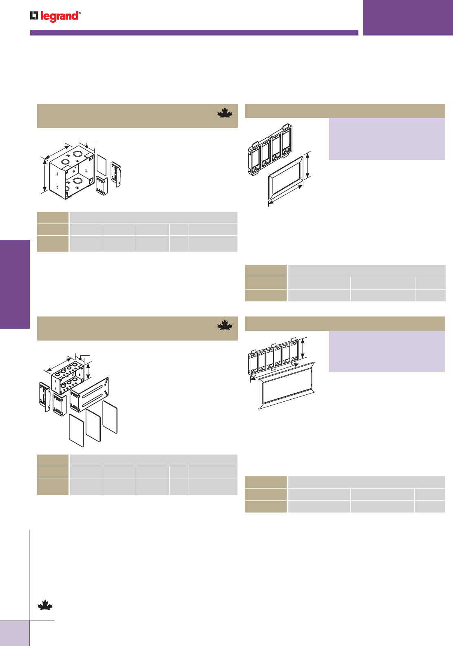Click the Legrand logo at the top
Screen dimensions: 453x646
click(x=55, y=16)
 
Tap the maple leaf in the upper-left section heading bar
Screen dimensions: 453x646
click(x=224, y=113)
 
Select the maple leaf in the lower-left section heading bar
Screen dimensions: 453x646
click(x=224, y=325)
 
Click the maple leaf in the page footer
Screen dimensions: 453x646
click(x=45, y=605)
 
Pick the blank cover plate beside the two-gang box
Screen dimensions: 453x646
click(x=101, y=165)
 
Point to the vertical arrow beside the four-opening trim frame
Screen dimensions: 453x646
click(x=308, y=164)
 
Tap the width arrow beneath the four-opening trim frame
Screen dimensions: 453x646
click(x=285, y=195)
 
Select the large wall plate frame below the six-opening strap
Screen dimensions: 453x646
click(x=287, y=385)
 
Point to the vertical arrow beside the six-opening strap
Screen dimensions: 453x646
click(x=303, y=349)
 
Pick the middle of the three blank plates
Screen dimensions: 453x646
click(x=93, y=425)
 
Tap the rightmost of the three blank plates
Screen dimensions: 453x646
click(x=110, y=417)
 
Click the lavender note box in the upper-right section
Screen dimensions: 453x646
click(x=387, y=139)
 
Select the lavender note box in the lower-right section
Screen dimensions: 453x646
click(x=387, y=351)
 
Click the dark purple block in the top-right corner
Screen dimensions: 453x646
click(x=408, y=18)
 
